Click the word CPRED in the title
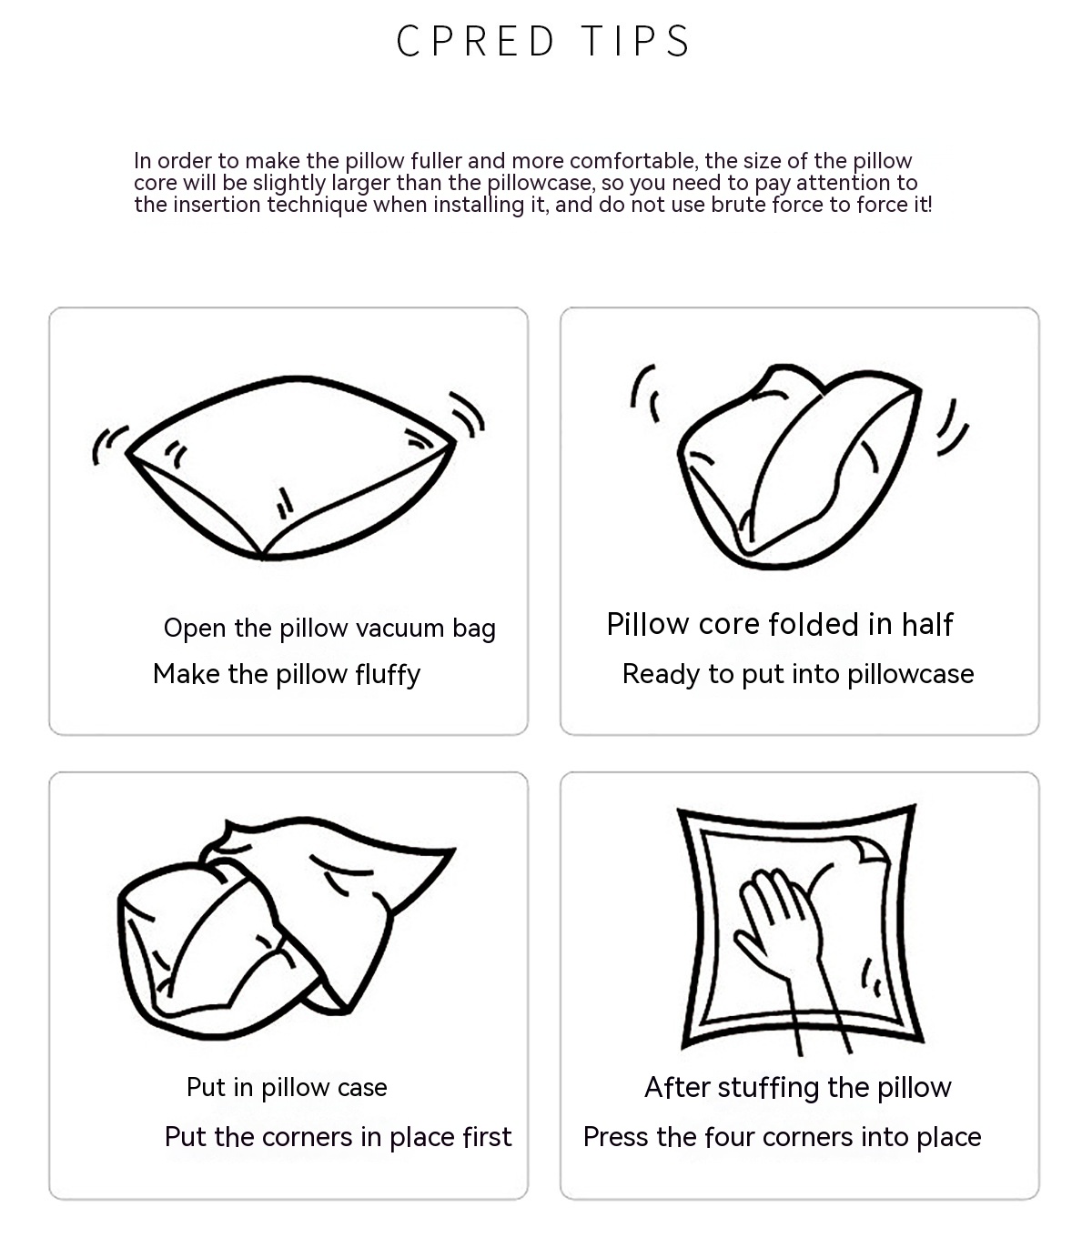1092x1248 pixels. click(x=475, y=42)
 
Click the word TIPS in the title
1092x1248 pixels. click(x=636, y=42)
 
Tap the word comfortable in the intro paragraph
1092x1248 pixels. click(x=633, y=160)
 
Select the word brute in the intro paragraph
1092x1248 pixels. click(x=740, y=205)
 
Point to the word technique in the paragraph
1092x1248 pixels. click(x=317, y=205)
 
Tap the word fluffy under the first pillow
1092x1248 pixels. click(x=388, y=675)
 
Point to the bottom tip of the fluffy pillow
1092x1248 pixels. click(x=262, y=557)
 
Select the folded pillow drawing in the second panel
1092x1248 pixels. click(x=799, y=467)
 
